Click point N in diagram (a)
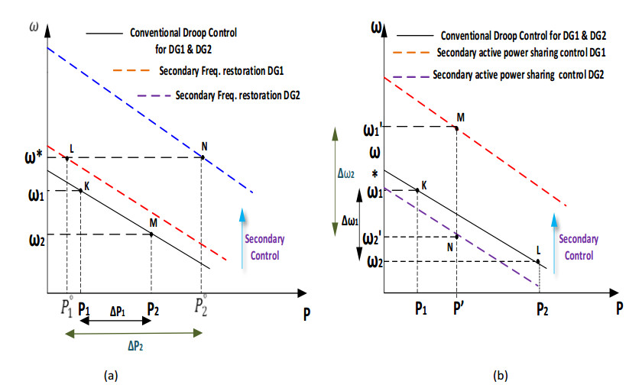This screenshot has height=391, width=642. (203, 157)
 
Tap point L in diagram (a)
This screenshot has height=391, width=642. (67, 158)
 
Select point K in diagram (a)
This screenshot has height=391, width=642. (80, 189)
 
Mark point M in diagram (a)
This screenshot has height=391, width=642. (151, 234)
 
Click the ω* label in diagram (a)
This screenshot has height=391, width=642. (24, 158)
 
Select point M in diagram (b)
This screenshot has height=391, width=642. (457, 127)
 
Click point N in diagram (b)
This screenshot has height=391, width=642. (457, 236)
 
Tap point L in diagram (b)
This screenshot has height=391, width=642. (538, 262)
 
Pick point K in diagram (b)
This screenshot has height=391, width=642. (417, 189)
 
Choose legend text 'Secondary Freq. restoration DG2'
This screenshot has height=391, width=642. (237, 95)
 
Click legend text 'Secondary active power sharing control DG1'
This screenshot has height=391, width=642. (522, 53)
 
